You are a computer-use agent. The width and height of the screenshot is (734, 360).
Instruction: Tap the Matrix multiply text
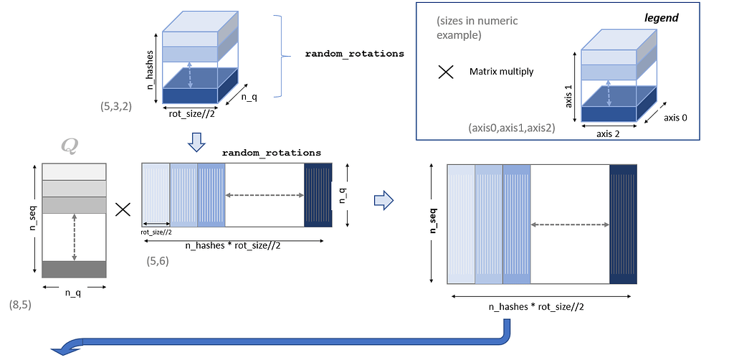click(x=502, y=71)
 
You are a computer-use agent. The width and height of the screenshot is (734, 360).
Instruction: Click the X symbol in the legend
click(x=446, y=72)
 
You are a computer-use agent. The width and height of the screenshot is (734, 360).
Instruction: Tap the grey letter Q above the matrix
click(x=70, y=146)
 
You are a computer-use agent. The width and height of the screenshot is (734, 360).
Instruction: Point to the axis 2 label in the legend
click(x=609, y=133)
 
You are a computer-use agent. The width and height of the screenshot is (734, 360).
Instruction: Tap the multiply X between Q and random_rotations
click(x=123, y=209)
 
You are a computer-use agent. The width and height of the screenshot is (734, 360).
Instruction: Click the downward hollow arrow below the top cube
click(x=196, y=145)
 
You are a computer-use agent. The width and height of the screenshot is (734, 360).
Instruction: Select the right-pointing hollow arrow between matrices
click(x=384, y=202)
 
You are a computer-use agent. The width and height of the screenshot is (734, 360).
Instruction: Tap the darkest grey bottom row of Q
click(x=75, y=269)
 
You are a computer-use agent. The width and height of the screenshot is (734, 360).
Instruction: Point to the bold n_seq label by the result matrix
click(x=433, y=222)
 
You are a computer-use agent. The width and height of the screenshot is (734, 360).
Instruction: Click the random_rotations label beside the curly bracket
click(x=354, y=54)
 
